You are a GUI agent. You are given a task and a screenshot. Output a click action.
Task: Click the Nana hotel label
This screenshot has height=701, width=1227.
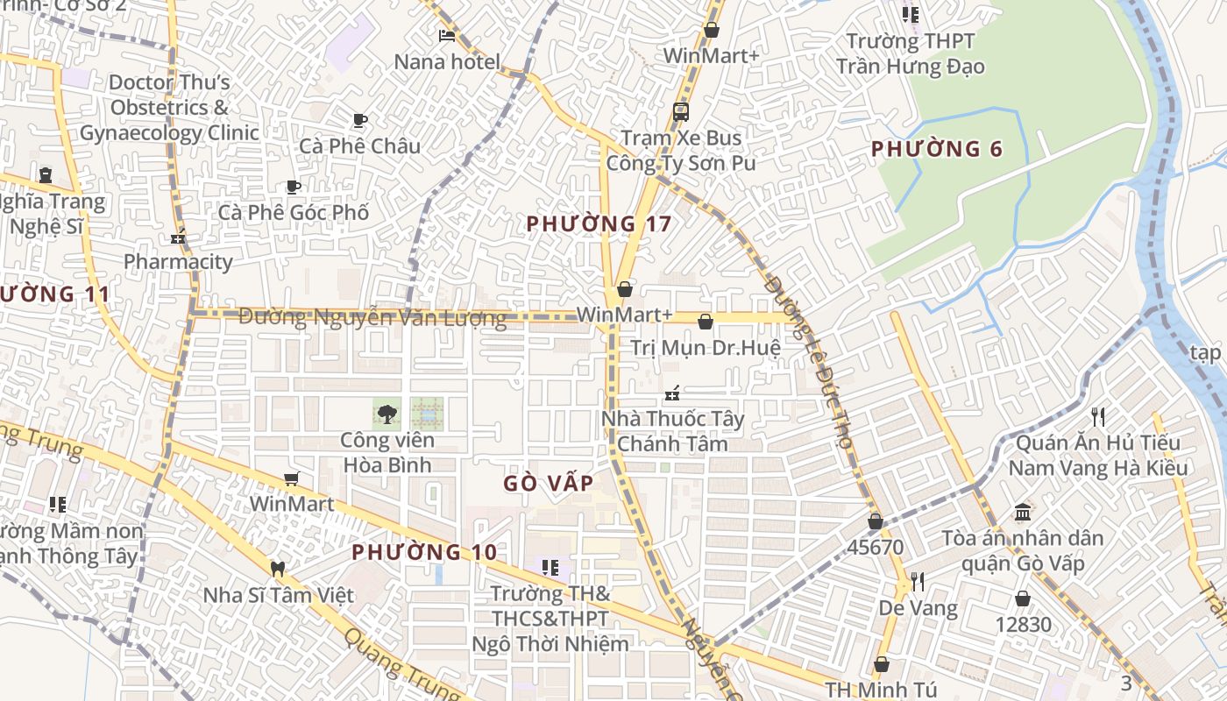(447, 62)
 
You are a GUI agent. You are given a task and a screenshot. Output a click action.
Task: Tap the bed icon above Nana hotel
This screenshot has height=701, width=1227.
(447, 36)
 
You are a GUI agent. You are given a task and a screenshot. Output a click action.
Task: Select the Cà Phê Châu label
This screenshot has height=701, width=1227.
(359, 145)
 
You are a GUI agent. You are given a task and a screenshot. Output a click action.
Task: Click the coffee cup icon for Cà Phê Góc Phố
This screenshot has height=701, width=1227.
(294, 187)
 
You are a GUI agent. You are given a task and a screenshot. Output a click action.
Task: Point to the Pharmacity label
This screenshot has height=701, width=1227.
(178, 261)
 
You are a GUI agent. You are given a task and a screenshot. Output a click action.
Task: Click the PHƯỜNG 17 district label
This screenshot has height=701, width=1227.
(599, 224)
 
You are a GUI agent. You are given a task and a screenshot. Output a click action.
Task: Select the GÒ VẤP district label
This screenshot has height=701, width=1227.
(549, 483)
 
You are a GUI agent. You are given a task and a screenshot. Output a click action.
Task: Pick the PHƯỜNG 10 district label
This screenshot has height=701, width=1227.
(424, 552)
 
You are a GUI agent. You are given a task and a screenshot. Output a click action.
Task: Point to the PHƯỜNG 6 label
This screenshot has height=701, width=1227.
(936, 149)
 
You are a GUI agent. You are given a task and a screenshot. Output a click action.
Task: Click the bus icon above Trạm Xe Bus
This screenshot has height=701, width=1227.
(680, 112)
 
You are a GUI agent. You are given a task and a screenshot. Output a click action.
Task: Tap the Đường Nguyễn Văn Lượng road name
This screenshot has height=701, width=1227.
(372, 317)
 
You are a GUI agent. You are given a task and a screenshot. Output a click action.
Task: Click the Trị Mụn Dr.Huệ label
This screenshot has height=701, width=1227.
(706, 348)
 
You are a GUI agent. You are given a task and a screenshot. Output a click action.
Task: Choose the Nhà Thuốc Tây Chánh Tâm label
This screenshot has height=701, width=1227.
(672, 431)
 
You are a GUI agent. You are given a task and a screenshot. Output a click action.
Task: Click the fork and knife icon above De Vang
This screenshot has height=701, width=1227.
(918, 581)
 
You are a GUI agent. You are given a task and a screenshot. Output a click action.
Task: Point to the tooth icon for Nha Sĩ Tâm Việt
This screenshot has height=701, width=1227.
(278, 569)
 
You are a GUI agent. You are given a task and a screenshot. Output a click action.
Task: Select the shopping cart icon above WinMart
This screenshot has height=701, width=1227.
(291, 478)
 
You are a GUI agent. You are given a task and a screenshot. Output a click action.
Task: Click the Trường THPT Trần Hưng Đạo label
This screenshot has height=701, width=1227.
(910, 53)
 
